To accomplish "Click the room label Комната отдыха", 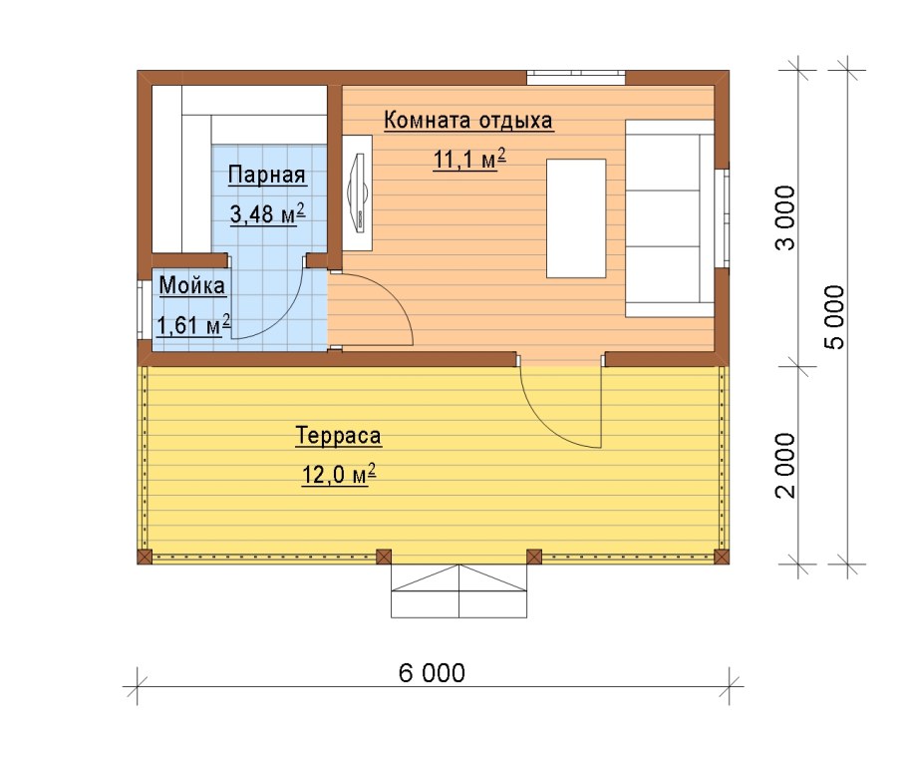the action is pyautogui.click(x=468, y=121).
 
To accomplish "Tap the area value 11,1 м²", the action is pyautogui.click(x=469, y=159).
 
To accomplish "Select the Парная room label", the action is pyautogui.click(x=267, y=175).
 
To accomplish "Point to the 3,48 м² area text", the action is pyautogui.click(x=267, y=213).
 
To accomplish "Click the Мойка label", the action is pyautogui.click(x=192, y=285).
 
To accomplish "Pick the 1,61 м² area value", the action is pyautogui.click(x=193, y=325).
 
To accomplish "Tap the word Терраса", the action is pyautogui.click(x=339, y=435).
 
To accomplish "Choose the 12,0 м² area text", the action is pyautogui.click(x=339, y=474).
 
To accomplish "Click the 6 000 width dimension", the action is pyautogui.click(x=432, y=673).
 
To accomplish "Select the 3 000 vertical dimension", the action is pyautogui.click(x=785, y=217).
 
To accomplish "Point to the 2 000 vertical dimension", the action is pyautogui.click(x=785, y=466).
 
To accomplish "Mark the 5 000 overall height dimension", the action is pyautogui.click(x=833, y=317).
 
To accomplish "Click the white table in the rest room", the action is pyautogui.click(x=576, y=218).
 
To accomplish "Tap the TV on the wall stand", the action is pyautogui.click(x=357, y=193).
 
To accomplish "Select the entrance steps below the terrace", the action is pyautogui.click(x=459, y=591).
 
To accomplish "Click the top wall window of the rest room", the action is pyautogui.click(x=576, y=78).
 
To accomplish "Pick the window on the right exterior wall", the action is pyautogui.click(x=722, y=218).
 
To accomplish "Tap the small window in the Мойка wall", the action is pyautogui.click(x=141, y=309).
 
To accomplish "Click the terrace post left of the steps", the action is pyautogui.click(x=384, y=557).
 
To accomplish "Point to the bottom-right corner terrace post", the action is pyautogui.click(x=722, y=557).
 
